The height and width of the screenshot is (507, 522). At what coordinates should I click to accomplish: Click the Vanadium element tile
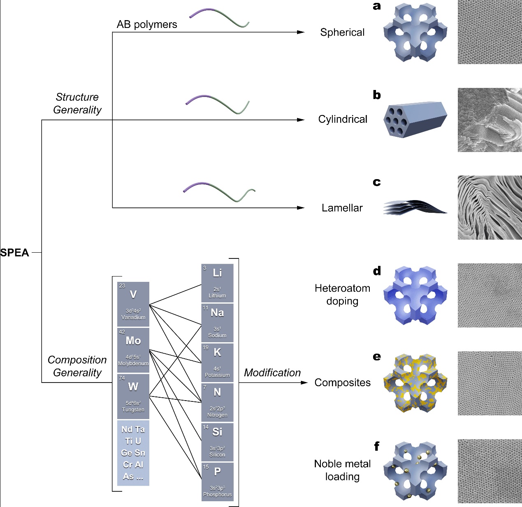133,304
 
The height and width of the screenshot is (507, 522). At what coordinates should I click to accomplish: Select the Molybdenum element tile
133,350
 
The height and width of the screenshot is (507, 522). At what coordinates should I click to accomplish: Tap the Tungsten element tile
133,396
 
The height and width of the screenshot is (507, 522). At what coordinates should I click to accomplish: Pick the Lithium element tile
217,283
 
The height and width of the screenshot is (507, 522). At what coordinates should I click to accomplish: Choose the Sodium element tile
217,323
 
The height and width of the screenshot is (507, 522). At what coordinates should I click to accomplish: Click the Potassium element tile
217,362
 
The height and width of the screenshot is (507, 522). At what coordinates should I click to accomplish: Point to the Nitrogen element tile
217,402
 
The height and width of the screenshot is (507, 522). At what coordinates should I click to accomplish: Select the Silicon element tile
217,442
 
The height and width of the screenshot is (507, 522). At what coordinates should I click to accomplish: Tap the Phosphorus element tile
217,482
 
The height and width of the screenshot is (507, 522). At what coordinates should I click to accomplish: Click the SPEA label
15,253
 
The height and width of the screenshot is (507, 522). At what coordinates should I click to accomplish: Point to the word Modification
272,373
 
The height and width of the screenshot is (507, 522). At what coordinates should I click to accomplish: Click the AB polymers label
147,25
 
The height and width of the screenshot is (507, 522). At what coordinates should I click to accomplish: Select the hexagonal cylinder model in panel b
415,120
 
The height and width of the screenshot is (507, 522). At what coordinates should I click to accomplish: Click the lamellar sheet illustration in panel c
415,207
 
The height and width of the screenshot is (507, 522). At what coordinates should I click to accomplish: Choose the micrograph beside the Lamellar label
490,207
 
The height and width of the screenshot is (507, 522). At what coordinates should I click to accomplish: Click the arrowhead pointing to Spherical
302,32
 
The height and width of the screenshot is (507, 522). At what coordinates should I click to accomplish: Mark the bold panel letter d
377,271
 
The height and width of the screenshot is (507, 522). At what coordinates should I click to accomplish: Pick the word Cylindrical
343,120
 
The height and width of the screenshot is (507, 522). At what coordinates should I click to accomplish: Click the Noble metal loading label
342,470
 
